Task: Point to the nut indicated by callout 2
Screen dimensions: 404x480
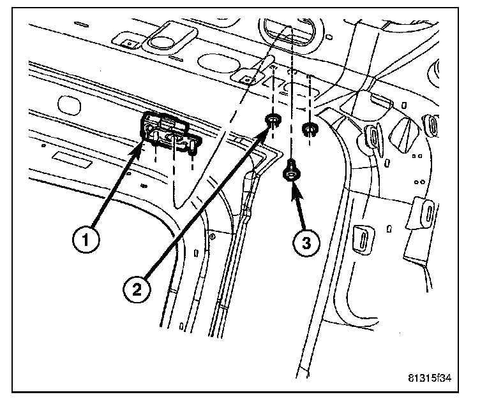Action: tap(273, 120)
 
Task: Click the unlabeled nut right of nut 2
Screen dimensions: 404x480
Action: tap(310, 129)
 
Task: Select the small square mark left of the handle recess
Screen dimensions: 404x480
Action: tap(130, 45)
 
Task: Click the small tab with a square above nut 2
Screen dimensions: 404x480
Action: tap(244, 77)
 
